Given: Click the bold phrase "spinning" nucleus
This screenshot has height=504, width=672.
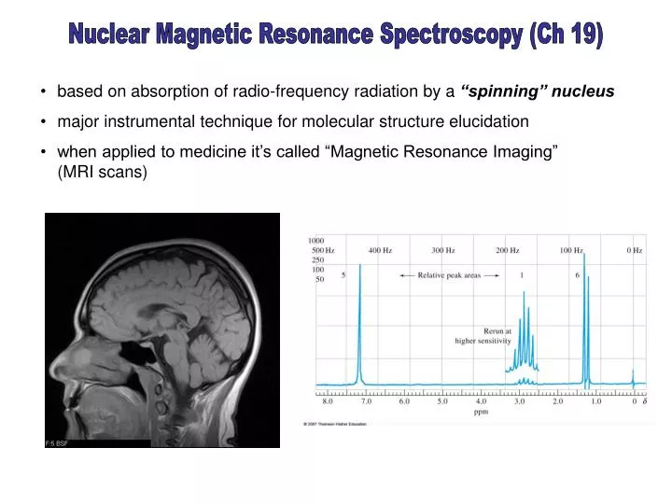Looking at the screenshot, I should click(x=537, y=91).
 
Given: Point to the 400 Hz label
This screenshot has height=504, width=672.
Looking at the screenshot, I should click(x=380, y=250).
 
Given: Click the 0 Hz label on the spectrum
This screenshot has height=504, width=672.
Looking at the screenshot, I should click(x=635, y=250).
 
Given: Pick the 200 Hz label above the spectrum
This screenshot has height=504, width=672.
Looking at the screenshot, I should click(x=508, y=250).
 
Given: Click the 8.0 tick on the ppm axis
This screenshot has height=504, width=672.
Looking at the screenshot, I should click(x=328, y=401).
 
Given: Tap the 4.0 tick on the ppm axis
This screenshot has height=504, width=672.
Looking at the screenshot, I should click(x=481, y=401).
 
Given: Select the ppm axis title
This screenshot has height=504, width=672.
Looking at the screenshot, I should click(x=481, y=412).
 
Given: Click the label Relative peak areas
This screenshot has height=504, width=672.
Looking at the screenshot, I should click(x=449, y=275).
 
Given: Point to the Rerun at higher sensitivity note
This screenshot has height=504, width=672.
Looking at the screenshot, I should click(x=484, y=336).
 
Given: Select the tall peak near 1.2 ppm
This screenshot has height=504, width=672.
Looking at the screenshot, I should click(x=585, y=327).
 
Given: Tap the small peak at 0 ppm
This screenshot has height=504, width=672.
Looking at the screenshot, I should click(x=634, y=377).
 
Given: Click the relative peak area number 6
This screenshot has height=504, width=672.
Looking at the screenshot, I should click(x=578, y=275).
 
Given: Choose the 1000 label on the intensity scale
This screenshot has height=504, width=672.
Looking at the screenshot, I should click(x=316, y=241).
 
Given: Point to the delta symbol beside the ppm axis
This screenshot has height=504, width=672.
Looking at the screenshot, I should click(x=646, y=401).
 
